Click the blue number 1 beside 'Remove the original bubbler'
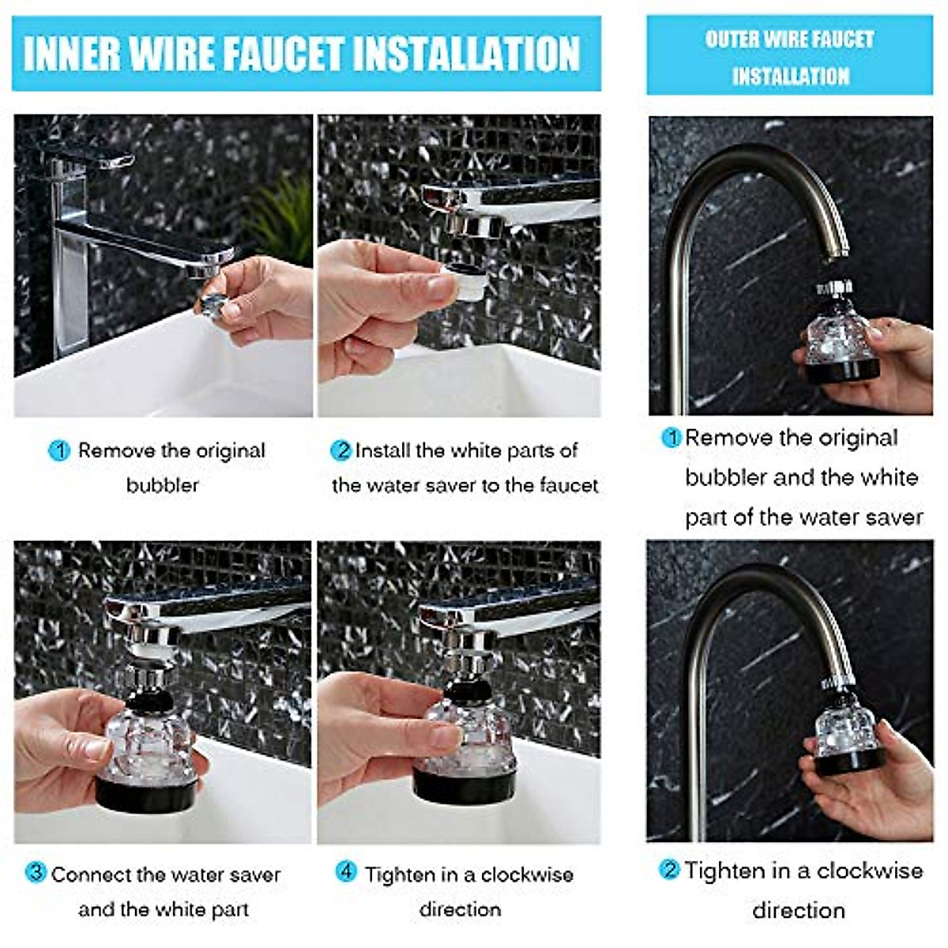(x=59, y=450)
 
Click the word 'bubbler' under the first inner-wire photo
(x=163, y=486)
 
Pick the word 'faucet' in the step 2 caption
(x=568, y=486)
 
